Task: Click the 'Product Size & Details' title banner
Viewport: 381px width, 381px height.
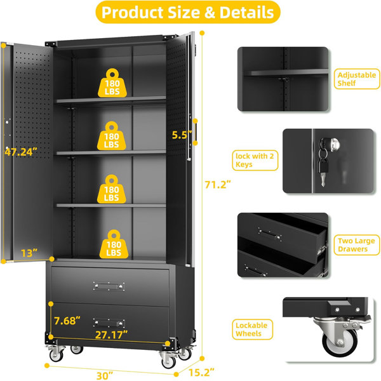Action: pyautogui.click(x=188, y=12)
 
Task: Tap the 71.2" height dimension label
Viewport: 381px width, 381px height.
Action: pyautogui.click(x=217, y=185)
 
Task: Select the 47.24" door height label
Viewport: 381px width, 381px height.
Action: pyautogui.click(x=21, y=152)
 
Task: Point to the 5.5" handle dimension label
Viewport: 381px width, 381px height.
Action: pyautogui.click(x=182, y=135)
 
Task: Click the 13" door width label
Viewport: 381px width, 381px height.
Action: pyautogui.click(x=29, y=253)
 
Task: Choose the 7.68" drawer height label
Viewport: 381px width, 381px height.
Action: pyautogui.click(x=67, y=321)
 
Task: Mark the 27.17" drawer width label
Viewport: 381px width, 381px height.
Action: pyautogui.click(x=111, y=335)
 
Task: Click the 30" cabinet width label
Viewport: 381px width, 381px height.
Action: pyautogui.click(x=105, y=376)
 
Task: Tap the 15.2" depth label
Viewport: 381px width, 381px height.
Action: pyautogui.click(x=201, y=373)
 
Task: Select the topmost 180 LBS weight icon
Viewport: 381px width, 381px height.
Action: pyautogui.click(x=112, y=83)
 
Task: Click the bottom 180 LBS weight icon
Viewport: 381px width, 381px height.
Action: pyautogui.click(x=114, y=244)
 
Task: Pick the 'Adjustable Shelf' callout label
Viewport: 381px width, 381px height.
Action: pyautogui.click(x=357, y=79)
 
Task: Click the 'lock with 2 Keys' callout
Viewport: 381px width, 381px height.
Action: pyautogui.click(x=255, y=161)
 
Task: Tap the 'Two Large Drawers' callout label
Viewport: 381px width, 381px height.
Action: pyautogui.click(x=356, y=245)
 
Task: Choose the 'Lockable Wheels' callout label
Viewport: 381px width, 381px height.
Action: pyautogui.click(x=252, y=330)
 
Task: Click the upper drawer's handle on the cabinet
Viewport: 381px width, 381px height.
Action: pyautogui.click(x=109, y=286)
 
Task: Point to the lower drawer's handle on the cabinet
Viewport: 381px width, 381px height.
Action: pyautogui.click(x=109, y=323)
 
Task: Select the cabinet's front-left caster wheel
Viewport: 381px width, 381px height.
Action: pyautogui.click(x=57, y=354)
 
